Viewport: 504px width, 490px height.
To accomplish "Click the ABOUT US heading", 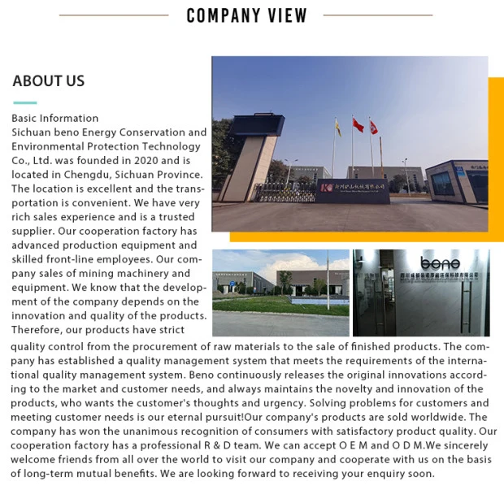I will [x=49, y=80].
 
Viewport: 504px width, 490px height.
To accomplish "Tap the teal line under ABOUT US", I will [x=24, y=103].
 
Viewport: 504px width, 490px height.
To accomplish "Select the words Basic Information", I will [x=55, y=118].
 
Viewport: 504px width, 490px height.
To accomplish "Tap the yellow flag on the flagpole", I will [x=337, y=127].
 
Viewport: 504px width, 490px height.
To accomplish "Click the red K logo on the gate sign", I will [x=326, y=188].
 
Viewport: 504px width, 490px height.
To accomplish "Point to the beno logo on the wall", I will [x=440, y=263].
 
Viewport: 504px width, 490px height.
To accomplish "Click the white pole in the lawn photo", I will [x=328, y=279].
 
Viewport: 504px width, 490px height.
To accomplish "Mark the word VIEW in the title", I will [x=289, y=15].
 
